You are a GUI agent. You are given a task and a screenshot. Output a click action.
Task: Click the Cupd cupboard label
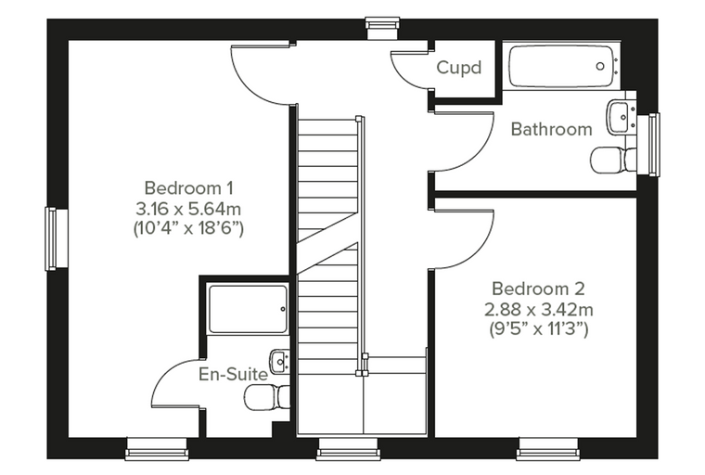(458, 68)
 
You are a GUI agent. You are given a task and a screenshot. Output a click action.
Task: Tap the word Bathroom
(552, 130)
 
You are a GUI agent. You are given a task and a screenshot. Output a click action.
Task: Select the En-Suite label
(234, 374)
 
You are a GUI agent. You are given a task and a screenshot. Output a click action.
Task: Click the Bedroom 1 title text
(189, 188)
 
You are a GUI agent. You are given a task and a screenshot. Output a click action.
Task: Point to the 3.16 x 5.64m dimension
(188, 209)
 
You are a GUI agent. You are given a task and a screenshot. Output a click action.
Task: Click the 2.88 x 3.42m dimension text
(539, 310)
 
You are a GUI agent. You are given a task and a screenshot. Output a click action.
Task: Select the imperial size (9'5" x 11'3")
(539, 329)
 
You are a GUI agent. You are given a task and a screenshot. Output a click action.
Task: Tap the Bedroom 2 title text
(539, 289)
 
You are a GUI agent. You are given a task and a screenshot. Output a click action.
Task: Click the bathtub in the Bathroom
(560, 67)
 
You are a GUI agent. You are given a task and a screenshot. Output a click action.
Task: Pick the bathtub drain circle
(600, 66)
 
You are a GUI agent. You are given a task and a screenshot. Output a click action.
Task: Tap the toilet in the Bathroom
(613, 161)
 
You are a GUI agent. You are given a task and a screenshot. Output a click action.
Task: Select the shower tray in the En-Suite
(248, 309)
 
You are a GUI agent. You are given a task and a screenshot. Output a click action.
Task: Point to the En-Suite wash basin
(279, 361)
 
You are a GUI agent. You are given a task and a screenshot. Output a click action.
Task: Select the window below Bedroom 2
(547, 448)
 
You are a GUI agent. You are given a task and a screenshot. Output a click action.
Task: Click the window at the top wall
(382, 29)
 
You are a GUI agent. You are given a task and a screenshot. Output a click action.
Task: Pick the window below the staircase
(347, 448)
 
